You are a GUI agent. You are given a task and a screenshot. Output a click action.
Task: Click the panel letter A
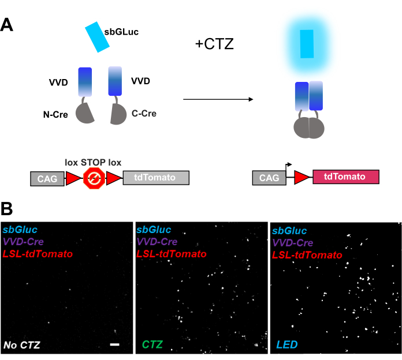coord(8,24)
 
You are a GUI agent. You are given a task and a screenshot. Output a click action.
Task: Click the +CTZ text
coord(214,44)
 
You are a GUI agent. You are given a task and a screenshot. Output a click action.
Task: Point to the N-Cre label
coord(56,115)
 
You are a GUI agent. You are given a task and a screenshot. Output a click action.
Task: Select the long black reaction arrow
coord(218,100)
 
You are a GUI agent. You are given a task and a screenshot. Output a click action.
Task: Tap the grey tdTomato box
coord(156,178)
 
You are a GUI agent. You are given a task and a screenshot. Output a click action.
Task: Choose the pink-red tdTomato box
coord(345,177)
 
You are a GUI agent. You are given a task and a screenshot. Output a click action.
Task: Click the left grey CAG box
coord(46,179)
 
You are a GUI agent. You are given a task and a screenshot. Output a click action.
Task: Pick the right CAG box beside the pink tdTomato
coord(269,178)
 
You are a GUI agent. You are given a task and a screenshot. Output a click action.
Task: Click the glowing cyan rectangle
coord(307,44)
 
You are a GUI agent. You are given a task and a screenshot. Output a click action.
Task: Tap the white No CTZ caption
coord(20,346)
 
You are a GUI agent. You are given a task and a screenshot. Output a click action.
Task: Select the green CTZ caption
coord(152,346)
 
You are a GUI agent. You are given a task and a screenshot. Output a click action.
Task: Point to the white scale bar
coord(114,344)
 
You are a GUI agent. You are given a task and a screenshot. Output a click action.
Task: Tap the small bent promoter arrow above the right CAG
coord(288,165)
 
